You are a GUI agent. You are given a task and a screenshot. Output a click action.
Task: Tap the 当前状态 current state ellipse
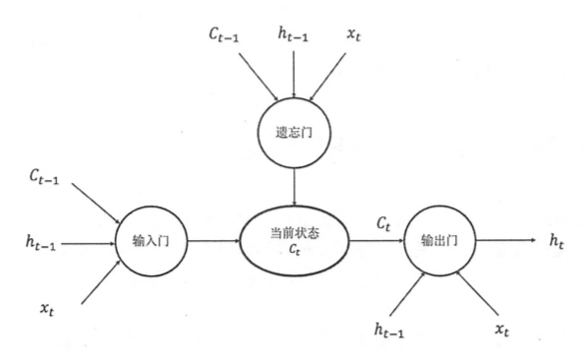tap(295, 239)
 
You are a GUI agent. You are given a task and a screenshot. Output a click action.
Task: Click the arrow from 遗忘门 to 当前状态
tap(294, 184)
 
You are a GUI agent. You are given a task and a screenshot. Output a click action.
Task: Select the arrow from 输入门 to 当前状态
tap(212, 240)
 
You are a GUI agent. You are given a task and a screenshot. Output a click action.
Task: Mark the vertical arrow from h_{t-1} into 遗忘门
tap(294, 78)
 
